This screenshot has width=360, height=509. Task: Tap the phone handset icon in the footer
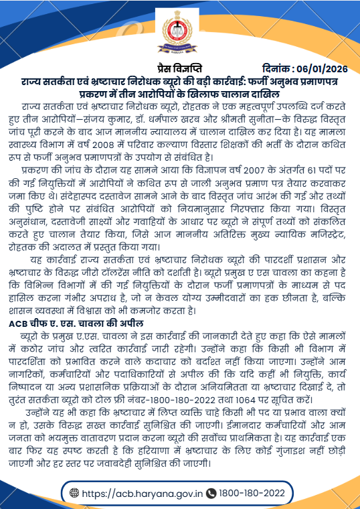click(x=212, y=494)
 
